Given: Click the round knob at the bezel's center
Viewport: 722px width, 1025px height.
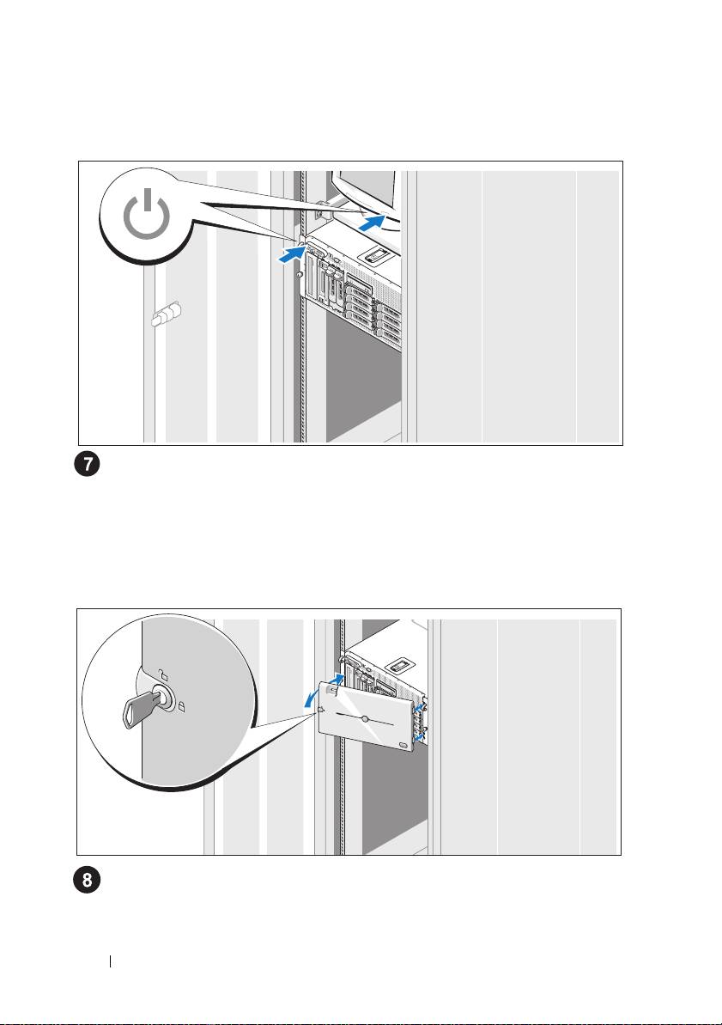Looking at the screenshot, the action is (366, 717).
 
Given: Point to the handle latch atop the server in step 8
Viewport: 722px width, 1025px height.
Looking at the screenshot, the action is (399, 665).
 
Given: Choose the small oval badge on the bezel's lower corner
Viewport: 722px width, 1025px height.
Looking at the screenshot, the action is (403, 738).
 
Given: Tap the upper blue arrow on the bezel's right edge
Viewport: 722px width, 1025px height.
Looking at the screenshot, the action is (420, 707).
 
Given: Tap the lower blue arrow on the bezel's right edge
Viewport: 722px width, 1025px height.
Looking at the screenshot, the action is (418, 736).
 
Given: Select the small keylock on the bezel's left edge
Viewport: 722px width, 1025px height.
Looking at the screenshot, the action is (320, 711).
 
